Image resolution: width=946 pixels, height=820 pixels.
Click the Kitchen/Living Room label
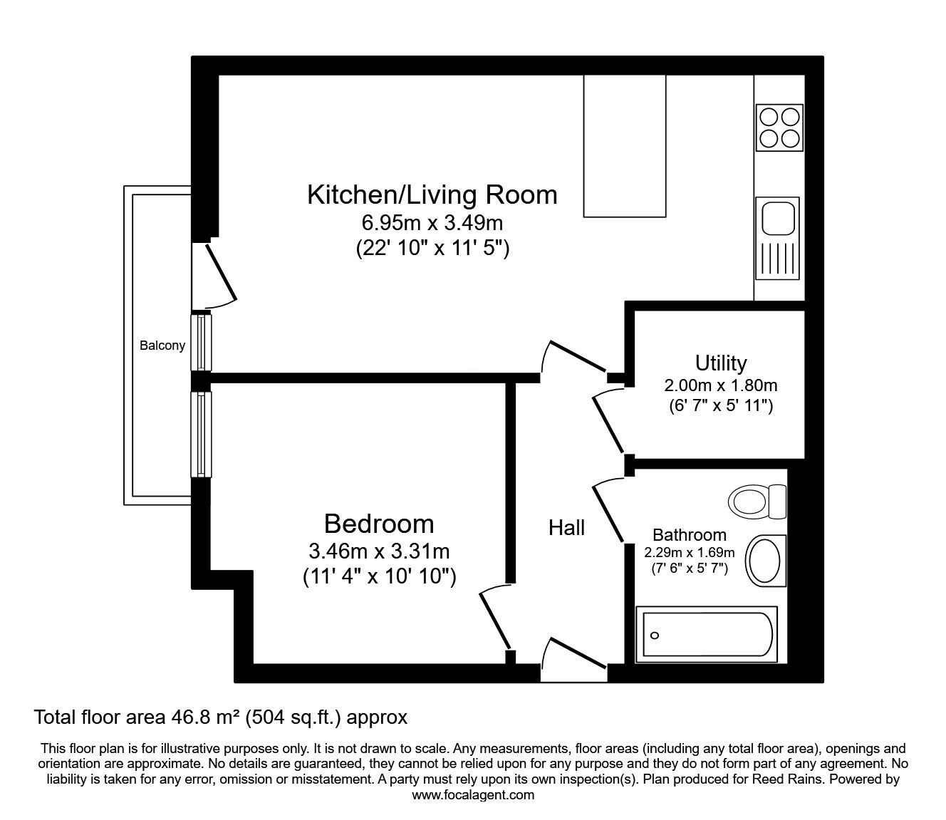pos(432,194)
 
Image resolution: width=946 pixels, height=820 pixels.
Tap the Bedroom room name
pos(379,524)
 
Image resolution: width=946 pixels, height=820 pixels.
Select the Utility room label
pos(721,363)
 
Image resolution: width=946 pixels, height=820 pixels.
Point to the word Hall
pos(566,528)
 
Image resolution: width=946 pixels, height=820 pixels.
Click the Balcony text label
pos(162,346)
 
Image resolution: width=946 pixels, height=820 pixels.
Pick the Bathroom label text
pos(690,535)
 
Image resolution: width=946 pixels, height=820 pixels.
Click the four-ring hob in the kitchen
pos(779,128)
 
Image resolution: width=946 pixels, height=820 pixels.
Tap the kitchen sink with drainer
pos(778,238)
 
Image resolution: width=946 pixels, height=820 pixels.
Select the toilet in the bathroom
pos(757,502)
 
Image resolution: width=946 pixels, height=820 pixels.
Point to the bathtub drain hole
pos(655,635)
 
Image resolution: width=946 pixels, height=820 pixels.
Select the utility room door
pos(608,423)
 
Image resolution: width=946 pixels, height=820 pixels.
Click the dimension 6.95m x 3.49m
pos(432,223)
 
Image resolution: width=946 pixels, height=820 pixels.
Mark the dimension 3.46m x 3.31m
pos(379,551)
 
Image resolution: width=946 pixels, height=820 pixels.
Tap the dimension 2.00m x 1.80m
pos(721,385)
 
